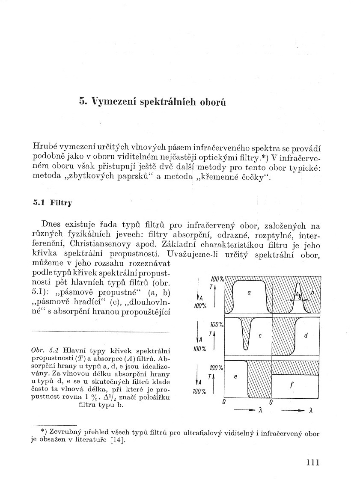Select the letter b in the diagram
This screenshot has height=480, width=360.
312,292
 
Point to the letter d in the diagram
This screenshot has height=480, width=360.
306,336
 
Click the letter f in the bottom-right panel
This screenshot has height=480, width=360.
292,385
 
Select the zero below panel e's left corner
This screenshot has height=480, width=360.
224,403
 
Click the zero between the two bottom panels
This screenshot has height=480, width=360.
271,403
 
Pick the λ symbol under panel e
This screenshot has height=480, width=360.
261,410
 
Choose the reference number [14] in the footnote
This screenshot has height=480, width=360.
118,441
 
